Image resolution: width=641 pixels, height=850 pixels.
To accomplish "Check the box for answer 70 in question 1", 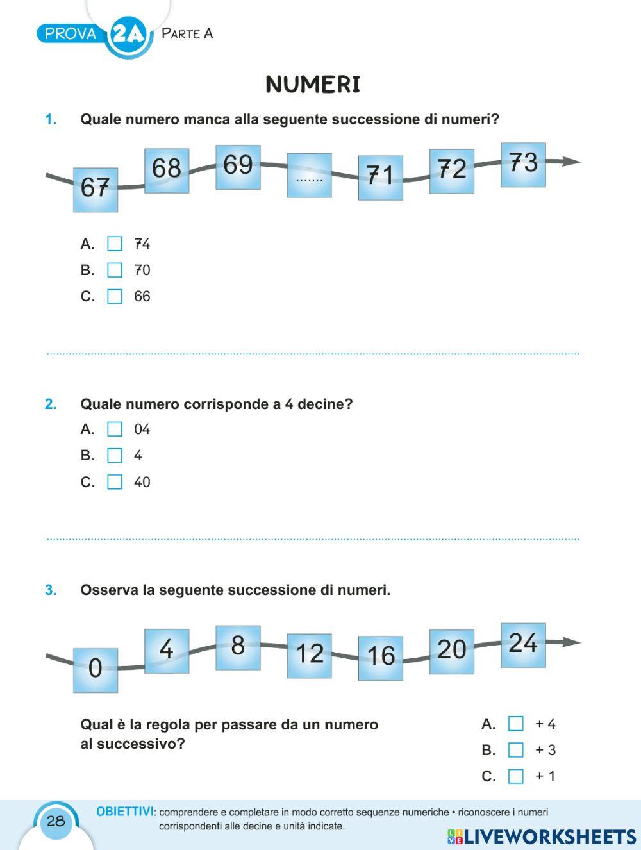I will point(115,270).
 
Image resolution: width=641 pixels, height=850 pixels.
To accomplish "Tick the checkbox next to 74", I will point(115,244).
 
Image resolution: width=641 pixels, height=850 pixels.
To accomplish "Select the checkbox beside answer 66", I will point(115,296).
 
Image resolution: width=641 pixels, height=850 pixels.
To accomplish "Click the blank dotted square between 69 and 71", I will point(309,175).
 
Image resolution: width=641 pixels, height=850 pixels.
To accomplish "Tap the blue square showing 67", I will point(96,189).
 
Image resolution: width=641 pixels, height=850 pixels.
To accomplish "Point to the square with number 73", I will point(523,165).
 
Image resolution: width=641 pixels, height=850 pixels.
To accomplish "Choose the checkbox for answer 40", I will point(115,481).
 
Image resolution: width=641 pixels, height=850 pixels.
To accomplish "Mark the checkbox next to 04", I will point(115,429).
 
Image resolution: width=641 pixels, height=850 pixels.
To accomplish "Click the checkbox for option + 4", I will point(515,724).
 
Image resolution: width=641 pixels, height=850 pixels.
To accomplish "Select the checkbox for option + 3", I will point(515,750).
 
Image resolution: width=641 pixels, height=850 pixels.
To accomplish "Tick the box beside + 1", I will point(515,776).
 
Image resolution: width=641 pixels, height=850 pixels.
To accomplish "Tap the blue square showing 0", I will point(96,670).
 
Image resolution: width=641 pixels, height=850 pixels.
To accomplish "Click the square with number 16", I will point(381,658).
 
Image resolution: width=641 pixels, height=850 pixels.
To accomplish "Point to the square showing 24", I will point(523,645).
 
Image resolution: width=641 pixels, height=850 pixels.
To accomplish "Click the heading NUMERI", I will point(313,85).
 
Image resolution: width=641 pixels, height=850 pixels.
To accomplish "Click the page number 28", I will point(56,821).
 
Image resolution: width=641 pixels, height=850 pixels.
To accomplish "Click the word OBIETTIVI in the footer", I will point(124,812).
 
